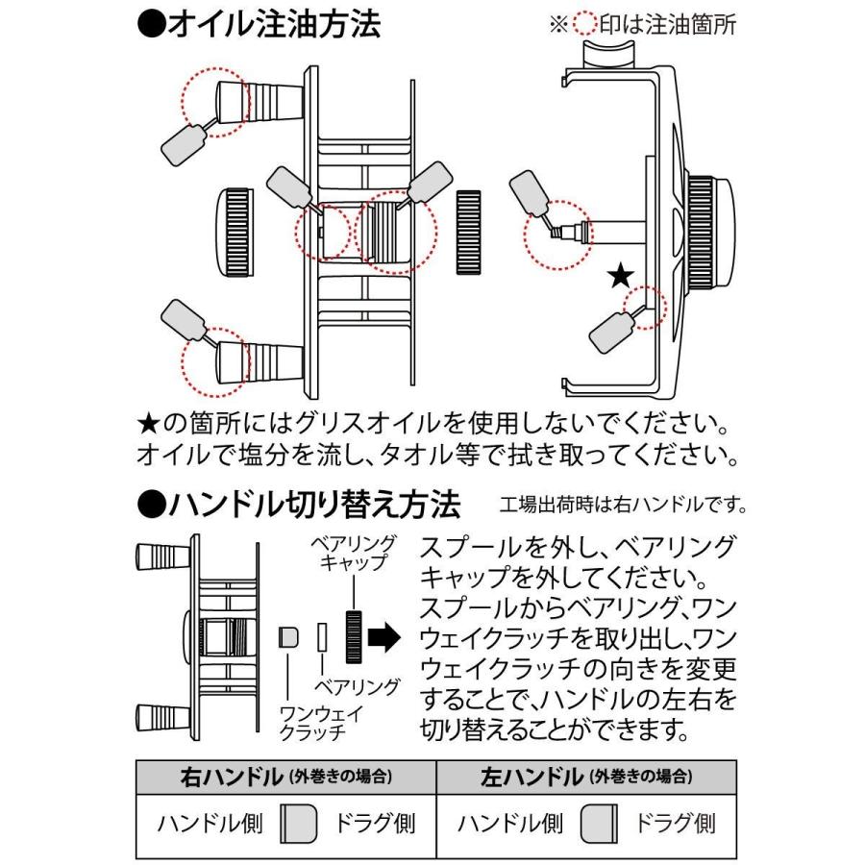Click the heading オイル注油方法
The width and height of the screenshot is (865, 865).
point(259,25)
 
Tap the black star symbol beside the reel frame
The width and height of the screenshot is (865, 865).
point(621,278)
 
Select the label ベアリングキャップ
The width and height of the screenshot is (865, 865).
point(353,554)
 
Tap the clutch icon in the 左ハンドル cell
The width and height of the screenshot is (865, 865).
point(598,824)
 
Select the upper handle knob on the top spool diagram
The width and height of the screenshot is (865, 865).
point(245,100)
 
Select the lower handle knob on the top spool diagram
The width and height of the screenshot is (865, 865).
point(245,359)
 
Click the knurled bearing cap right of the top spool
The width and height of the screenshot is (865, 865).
point(469,232)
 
